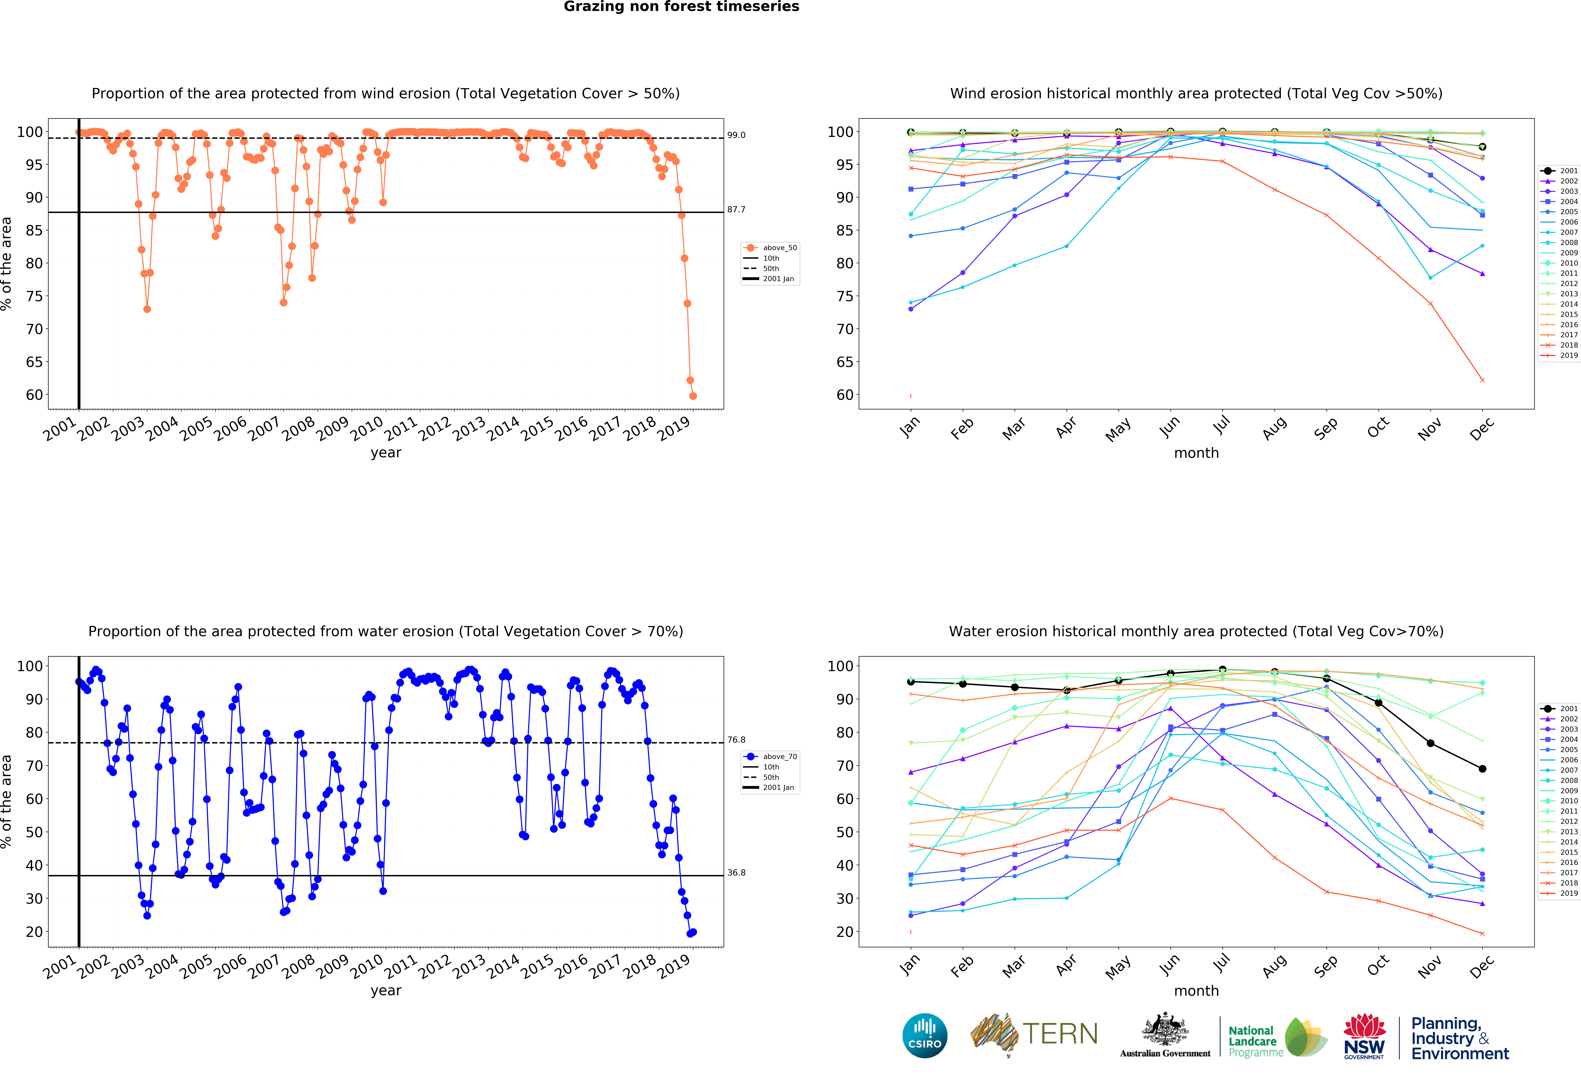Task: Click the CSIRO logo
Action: (925, 1036)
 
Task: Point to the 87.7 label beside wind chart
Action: (736, 209)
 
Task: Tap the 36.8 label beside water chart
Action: (736, 872)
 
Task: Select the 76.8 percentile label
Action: (736, 740)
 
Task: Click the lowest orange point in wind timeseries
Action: (693, 396)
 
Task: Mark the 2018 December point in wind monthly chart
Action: (1482, 380)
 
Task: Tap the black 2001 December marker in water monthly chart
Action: (1482, 769)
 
